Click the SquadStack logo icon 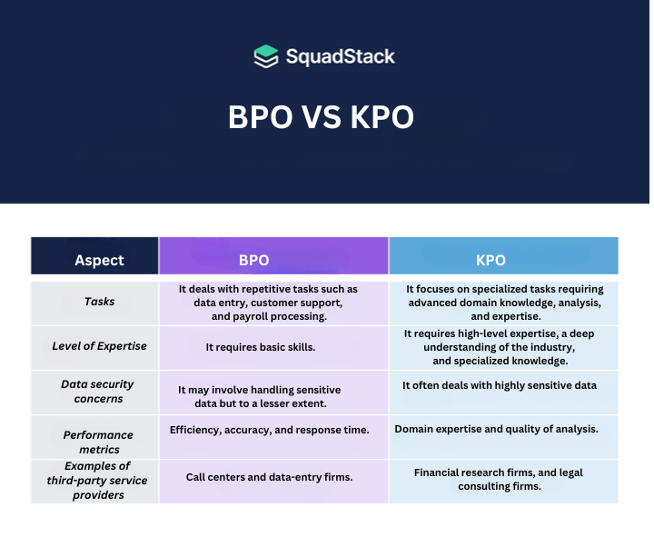(x=265, y=56)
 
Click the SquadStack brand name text (x=340, y=56)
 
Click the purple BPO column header (x=272, y=260)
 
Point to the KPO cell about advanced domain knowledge (x=505, y=303)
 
